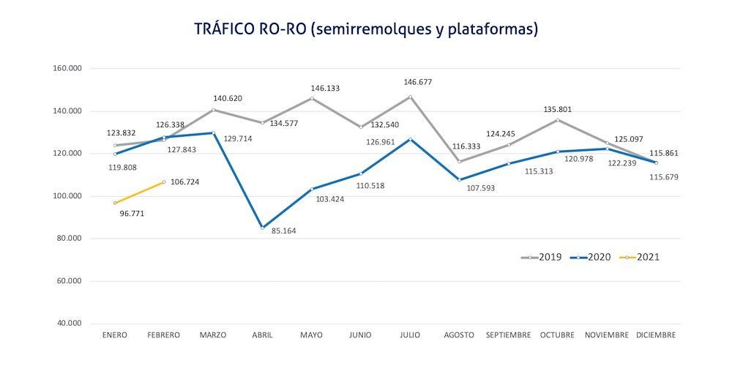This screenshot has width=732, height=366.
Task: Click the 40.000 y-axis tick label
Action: coord(69,324)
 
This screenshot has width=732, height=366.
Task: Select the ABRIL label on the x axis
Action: coord(262,335)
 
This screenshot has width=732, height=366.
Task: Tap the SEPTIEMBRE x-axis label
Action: coord(509,335)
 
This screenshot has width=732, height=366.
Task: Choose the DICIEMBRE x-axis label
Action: coord(656,335)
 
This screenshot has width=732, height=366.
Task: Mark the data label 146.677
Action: coord(419,83)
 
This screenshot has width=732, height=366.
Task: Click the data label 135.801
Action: coord(557,110)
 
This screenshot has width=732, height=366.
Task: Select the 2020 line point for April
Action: coord(262,228)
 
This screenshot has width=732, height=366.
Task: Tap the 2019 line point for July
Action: coord(410,97)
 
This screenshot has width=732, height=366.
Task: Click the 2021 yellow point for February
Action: coord(164,182)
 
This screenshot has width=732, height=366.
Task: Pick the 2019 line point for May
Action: coord(312,98)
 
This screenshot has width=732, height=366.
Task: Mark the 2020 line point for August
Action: coord(459,179)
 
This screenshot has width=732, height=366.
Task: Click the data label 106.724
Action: coord(190,182)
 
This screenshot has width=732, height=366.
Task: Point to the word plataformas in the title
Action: coord(498,29)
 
